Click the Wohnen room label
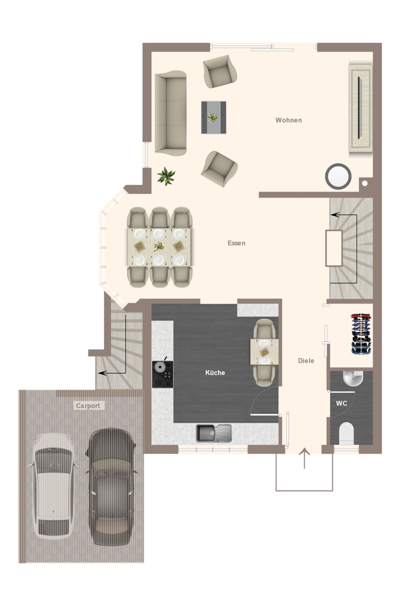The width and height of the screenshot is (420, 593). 289,120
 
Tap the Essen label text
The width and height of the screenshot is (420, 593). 236,243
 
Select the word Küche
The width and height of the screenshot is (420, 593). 215,372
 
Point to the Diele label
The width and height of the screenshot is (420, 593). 306,361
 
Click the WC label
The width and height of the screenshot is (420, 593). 341,403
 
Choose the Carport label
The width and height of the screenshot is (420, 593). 88,406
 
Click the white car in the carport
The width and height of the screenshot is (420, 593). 53,486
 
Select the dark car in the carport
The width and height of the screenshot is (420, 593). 110,487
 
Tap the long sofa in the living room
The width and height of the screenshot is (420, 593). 171,113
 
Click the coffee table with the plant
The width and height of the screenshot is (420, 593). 214,117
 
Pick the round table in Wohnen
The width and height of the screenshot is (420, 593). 338,176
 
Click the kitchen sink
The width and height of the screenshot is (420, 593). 214,433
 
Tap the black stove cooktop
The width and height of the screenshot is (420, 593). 162,374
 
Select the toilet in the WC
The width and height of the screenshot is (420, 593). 346,433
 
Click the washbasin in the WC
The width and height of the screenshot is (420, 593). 353,378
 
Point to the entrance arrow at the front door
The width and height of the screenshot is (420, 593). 305,458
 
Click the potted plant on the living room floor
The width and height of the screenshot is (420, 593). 166,176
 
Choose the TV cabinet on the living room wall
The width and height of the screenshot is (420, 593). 360,109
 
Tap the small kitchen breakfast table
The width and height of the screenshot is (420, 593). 264,352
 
